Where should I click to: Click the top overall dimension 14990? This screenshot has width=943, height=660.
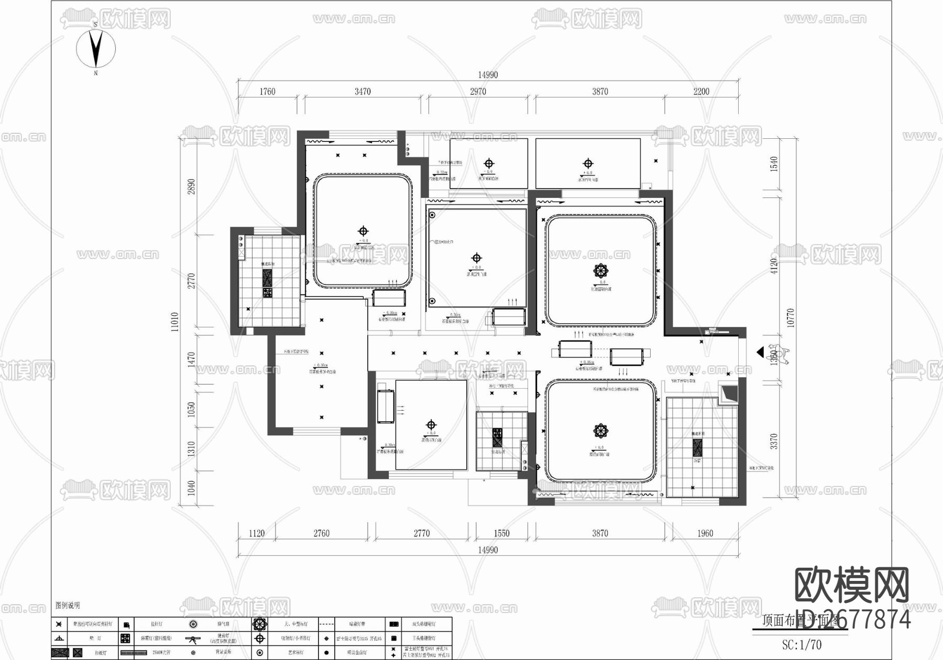tap(487, 75)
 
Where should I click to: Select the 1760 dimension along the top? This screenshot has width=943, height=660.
tap(267, 92)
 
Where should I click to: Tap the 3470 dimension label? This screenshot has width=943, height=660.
tap(363, 92)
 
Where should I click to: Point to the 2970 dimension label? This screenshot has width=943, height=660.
tap(478, 92)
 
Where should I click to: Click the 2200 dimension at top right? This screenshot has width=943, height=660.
tap(701, 92)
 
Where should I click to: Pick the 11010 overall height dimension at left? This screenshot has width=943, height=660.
tap(175, 322)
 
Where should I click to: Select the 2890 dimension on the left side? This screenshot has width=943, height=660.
tap(192, 186)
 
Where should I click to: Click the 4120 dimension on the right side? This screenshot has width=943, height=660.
tap(774, 266)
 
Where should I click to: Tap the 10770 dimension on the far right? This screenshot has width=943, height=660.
tap(791, 318)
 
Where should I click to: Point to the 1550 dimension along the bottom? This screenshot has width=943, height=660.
tap(501, 533)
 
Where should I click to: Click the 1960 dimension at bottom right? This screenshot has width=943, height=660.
tap(705, 533)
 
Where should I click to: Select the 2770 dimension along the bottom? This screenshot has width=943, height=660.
tap(421, 533)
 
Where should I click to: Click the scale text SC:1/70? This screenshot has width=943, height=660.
tap(802, 645)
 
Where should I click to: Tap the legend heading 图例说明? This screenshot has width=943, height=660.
tap(68, 605)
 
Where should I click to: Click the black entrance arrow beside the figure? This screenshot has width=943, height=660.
tap(760, 353)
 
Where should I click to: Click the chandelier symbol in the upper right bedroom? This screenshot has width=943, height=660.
tap(600, 271)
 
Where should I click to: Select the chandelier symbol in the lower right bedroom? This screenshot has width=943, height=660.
tap(600, 431)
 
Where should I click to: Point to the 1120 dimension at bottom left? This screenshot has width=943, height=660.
tap(256, 533)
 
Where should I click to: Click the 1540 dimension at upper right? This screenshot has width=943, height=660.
tap(774, 164)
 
